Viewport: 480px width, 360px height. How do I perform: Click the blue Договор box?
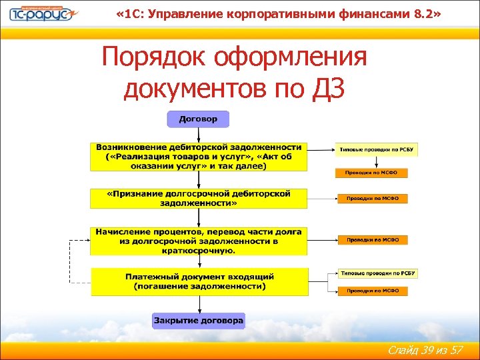coord(197,120)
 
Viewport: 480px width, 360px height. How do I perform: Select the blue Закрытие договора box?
coord(199,321)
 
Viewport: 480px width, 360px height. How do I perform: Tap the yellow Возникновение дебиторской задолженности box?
coord(199,157)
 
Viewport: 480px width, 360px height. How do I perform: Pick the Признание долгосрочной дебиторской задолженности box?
coord(199,198)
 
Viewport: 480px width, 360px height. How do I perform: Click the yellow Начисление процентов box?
coord(199,241)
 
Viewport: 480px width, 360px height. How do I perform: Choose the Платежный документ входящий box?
coord(199,281)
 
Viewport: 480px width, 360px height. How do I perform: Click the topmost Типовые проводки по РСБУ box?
coord(378,149)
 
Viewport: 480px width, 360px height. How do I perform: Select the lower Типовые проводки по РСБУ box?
coord(378,273)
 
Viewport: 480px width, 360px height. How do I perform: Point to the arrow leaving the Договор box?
coord(197,135)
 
